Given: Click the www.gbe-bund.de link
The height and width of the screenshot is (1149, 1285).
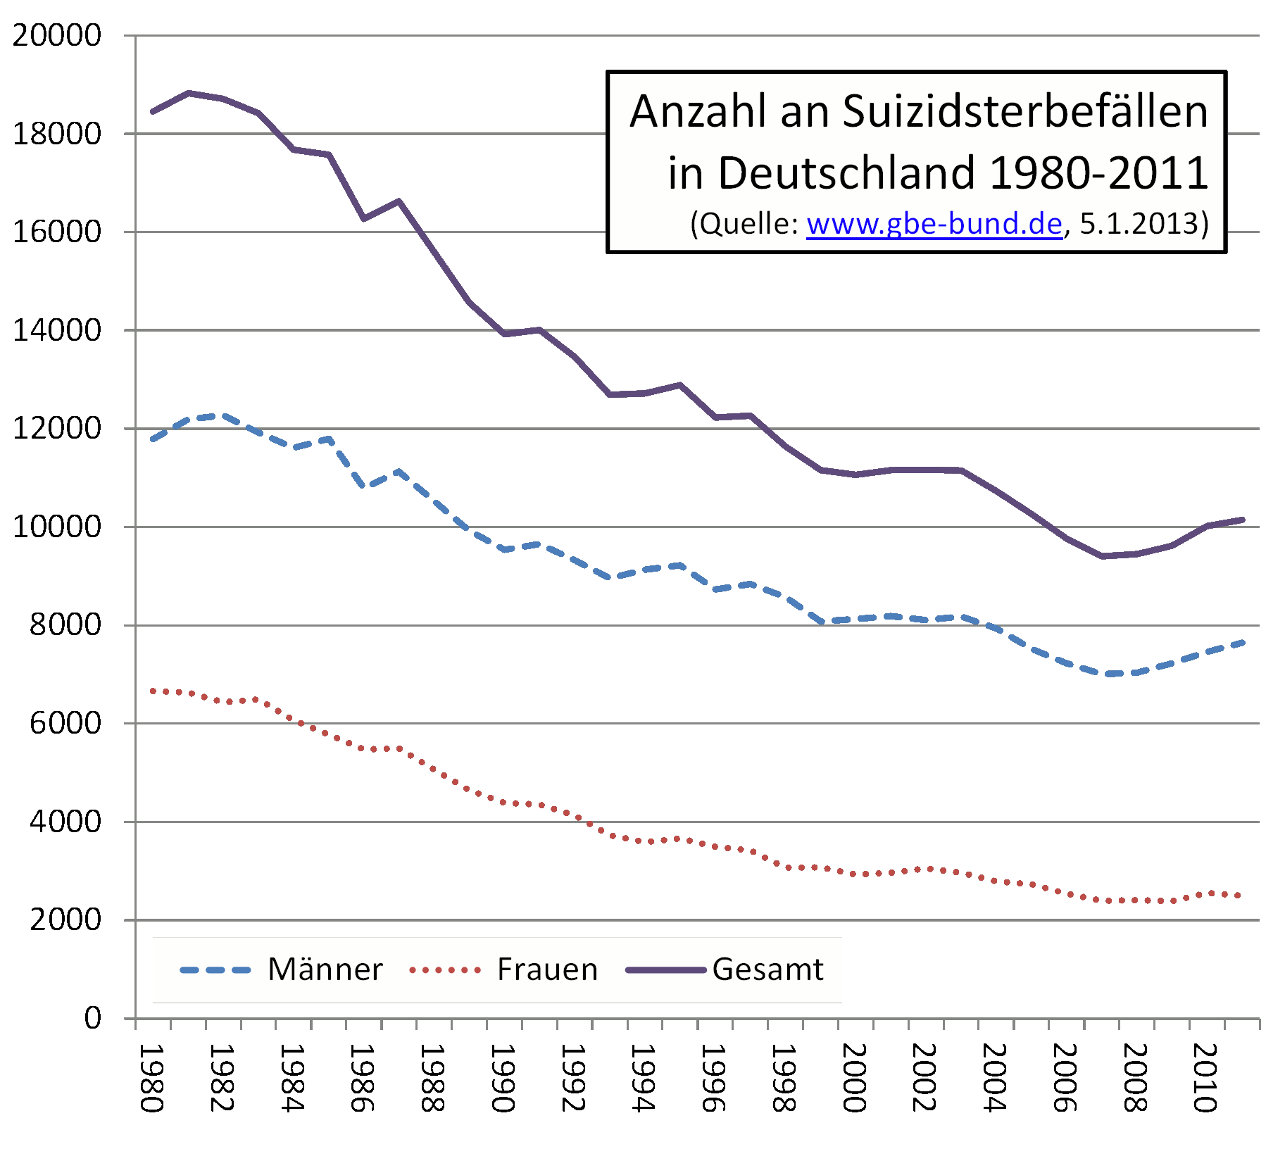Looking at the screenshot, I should coord(934,224).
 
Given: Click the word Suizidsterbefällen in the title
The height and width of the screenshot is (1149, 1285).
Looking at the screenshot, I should coord(1025,111).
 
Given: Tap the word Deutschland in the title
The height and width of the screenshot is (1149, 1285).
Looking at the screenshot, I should coord(846,172).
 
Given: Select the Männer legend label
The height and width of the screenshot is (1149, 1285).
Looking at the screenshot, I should coord(325,969).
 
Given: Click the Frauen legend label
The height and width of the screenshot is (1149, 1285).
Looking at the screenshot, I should coord(547,969).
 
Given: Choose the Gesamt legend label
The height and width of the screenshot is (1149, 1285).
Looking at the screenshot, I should coord(767,969).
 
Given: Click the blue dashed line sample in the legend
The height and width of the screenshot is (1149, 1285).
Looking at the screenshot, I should coord(215,970).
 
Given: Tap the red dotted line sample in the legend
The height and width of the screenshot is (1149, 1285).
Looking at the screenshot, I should coord(445,970).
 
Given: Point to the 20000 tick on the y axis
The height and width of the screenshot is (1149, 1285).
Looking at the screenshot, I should coord(57,35).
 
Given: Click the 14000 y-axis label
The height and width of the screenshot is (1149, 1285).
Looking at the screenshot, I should coord(57,330).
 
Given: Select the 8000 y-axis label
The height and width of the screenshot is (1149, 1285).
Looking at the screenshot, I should coord(65,624).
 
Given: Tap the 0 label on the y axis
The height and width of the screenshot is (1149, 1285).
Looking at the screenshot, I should coord(93,1018).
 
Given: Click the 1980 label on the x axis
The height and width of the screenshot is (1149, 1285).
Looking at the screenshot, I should coord(151,1078).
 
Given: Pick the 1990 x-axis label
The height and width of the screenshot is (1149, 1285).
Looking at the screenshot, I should coord(503,1078).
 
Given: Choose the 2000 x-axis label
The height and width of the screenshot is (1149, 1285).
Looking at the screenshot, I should coord(854,1078).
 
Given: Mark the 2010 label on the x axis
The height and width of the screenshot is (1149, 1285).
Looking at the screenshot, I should coord(1205,1078).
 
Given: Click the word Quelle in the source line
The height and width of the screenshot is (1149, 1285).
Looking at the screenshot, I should coord(748,224).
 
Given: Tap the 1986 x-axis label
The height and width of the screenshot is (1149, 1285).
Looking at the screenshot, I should coord(362,1078).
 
